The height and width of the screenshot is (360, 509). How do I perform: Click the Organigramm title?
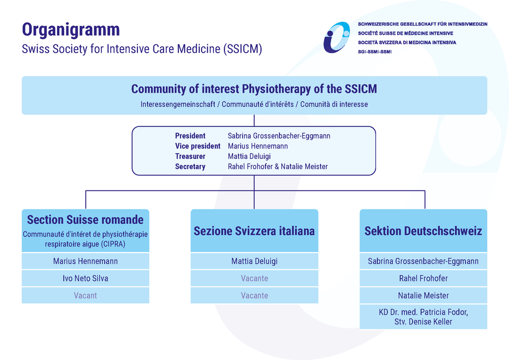point(71,30)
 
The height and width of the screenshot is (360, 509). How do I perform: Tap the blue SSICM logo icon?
point(337,37)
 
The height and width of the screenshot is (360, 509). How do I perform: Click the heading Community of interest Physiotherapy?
point(254,89)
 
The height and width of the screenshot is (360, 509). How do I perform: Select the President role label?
point(190,136)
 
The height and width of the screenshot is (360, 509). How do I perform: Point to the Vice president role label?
point(198,146)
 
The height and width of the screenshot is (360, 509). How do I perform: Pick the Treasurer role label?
point(190,156)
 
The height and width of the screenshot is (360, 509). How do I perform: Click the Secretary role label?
point(190,167)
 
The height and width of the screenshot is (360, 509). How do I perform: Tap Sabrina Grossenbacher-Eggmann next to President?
point(279,136)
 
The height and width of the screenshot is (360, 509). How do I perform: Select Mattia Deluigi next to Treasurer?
point(249,156)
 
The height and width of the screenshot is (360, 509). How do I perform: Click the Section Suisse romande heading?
point(85,220)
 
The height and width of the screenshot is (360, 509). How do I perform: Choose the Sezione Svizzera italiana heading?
point(254,231)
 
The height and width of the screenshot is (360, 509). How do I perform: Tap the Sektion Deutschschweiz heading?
point(423,231)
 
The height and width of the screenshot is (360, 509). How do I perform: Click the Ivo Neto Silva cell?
point(85,278)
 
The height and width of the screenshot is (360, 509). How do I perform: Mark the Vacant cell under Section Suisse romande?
point(85,295)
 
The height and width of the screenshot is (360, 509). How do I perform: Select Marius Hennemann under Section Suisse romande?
point(85,261)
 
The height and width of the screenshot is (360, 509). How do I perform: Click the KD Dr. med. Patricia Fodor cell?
point(423,317)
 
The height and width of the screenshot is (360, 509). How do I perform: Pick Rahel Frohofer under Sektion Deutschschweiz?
point(423,278)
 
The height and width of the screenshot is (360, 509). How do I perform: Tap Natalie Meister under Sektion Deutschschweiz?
point(423,295)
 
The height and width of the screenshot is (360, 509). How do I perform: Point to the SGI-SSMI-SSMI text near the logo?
point(374,52)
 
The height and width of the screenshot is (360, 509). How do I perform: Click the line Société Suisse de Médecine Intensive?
point(405,33)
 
